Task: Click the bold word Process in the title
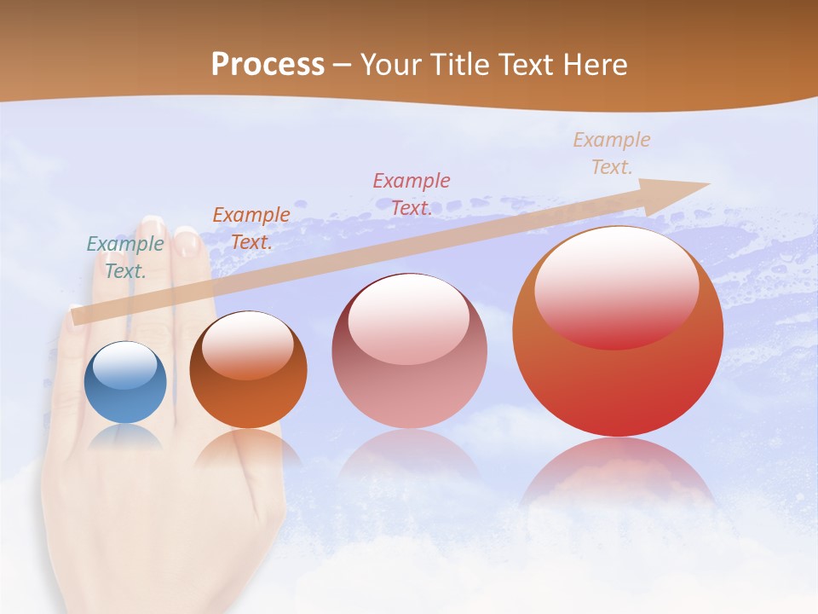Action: click(x=268, y=65)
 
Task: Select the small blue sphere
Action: click(x=125, y=383)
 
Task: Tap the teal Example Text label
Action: click(x=125, y=258)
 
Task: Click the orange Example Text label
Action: click(x=251, y=229)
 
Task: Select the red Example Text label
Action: click(x=412, y=194)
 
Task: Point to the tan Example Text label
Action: click(x=611, y=153)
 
